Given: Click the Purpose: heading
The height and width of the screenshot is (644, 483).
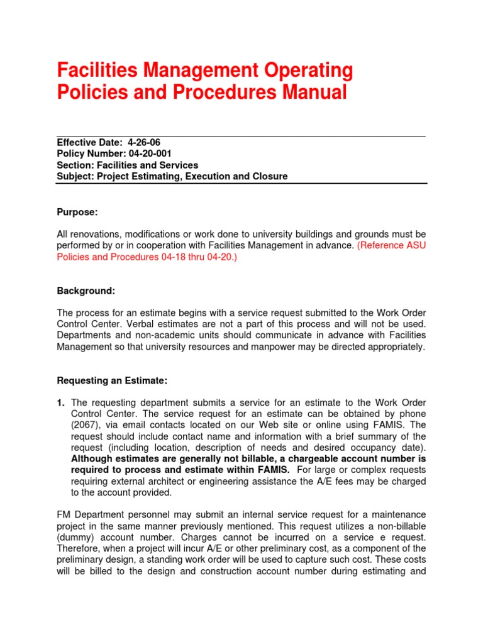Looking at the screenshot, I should [77, 213].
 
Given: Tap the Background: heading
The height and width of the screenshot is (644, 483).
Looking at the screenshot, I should [86, 291].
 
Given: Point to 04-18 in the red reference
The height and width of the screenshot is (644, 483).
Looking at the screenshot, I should [173, 257].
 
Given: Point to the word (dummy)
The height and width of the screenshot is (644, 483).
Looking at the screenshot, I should [75, 538].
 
